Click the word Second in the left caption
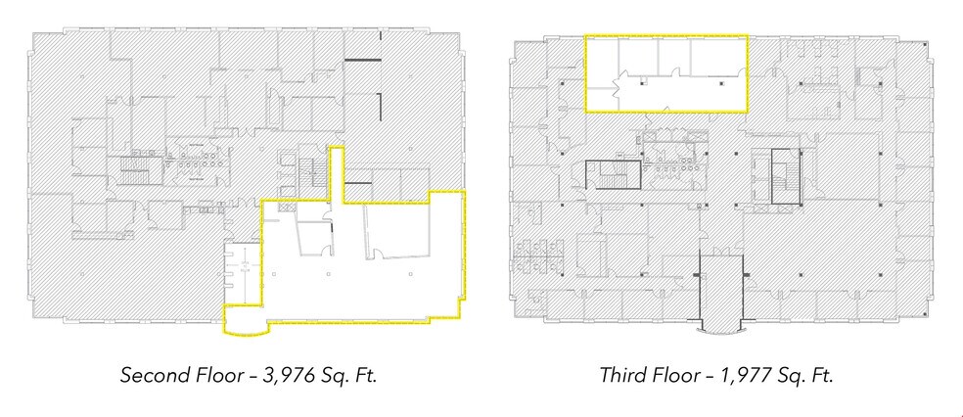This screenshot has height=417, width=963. pyautogui.click(x=149, y=375)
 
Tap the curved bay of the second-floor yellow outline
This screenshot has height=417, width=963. pyautogui.click(x=244, y=323)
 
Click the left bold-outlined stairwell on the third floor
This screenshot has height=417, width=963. pyautogui.click(x=613, y=175)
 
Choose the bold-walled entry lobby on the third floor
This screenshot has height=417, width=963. pyautogui.click(x=719, y=289)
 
